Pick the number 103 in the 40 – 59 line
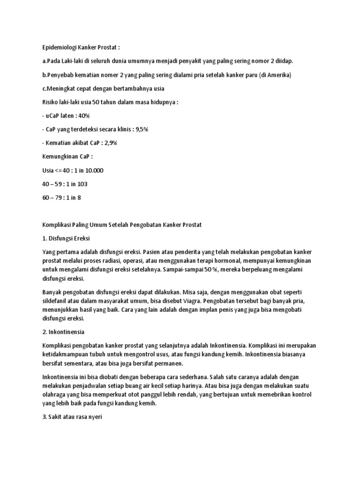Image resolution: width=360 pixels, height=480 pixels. [82, 184]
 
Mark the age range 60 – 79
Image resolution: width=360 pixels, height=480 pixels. [52, 198]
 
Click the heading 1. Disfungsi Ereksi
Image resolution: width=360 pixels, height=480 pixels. [66, 239]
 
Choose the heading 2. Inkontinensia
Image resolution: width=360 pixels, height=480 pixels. [63, 332]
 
